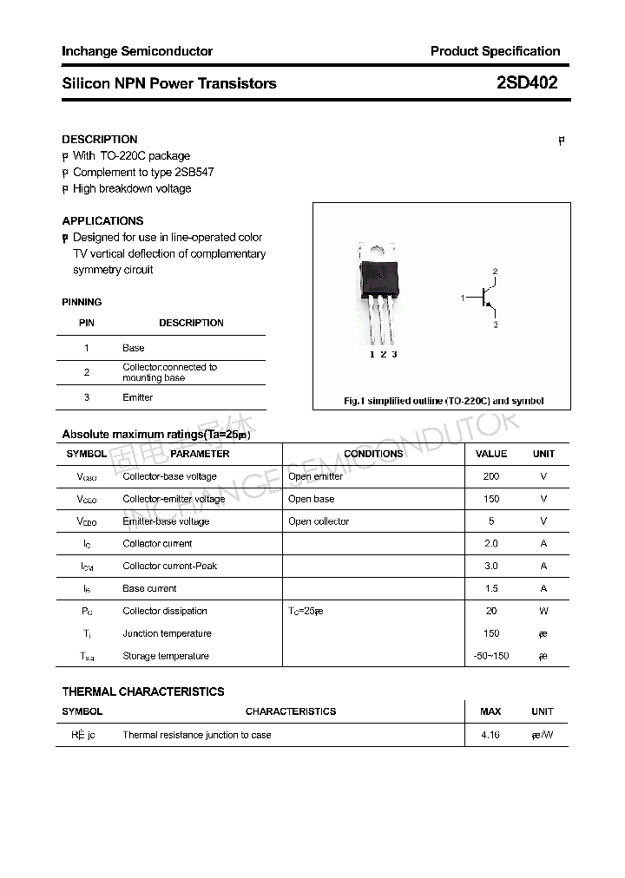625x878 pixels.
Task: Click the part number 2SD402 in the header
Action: pyautogui.click(x=526, y=83)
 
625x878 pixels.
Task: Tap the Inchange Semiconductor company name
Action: pyautogui.click(x=137, y=51)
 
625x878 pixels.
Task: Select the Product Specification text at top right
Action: pyautogui.click(x=495, y=51)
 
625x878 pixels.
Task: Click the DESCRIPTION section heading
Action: pyautogui.click(x=100, y=139)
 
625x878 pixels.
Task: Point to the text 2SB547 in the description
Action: pyautogui.click(x=194, y=172)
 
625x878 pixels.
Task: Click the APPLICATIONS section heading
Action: pyautogui.click(x=102, y=220)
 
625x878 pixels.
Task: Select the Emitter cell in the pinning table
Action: pyautogui.click(x=137, y=397)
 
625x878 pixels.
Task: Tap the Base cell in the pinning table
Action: pyautogui.click(x=133, y=348)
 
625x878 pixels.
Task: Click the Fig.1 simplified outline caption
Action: pyautogui.click(x=443, y=401)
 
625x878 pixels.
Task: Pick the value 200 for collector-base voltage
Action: pyautogui.click(x=490, y=476)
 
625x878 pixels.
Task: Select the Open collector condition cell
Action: pyautogui.click(x=319, y=521)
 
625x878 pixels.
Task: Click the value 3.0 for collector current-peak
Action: pyautogui.click(x=490, y=566)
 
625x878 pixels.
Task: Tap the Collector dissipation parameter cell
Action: pyautogui.click(x=165, y=611)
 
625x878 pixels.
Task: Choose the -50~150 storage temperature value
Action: pyautogui.click(x=490, y=656)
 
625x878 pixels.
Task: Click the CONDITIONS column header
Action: pyautogui.click(x=373, y=454)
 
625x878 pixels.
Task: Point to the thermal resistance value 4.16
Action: pyautogui.click(x=490, y=735)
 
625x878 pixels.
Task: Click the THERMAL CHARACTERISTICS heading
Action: pyautogui.click(x=143, y=691)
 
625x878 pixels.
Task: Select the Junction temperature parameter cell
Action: pyautogui.click(x=167, y=633)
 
